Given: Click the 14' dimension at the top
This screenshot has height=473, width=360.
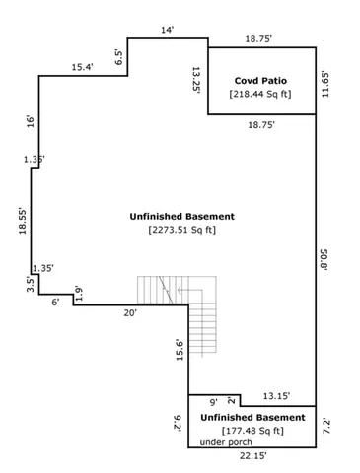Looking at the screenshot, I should click(168, 30).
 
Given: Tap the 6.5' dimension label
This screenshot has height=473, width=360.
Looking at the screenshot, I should click(119, 57).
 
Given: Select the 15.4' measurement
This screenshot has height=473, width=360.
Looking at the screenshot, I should click(83, 67).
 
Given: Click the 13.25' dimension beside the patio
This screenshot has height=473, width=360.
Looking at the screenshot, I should click(196, 79).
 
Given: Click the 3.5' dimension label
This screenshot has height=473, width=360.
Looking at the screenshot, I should click(30, 285).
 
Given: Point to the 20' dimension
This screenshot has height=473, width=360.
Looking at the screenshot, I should click(129, 312).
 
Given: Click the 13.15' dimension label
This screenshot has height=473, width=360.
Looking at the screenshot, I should click(276, 396).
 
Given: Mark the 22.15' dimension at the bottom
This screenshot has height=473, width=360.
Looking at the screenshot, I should click(252, 457).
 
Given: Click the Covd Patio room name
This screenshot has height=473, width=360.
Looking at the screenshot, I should click(259, 80).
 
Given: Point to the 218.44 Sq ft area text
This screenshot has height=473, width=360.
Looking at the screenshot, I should click(259, 95).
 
